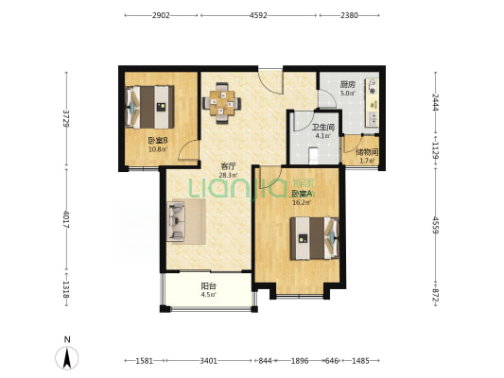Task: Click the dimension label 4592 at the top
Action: [258, 15]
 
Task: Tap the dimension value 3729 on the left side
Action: [66, 118]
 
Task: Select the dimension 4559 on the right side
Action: [436, 225]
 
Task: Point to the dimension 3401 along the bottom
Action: [209, 361]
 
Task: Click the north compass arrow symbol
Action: [67, 358]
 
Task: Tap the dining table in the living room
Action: [222, 103]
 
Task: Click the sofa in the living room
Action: [176, 221]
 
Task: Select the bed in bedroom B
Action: [149, 107]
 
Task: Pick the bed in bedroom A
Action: [315, 238]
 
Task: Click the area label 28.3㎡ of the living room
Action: [228, 176]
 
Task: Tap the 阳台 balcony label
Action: [208, 285]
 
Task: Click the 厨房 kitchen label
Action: [347, 85]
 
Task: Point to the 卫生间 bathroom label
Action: [323, 128]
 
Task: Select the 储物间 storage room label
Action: [367, 152]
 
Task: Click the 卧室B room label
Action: [158, 141]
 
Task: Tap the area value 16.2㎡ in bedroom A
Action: [302, 202]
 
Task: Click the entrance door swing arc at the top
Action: [270, 81]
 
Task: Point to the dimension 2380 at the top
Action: [349, 15]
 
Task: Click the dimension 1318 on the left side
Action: [66, 289]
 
